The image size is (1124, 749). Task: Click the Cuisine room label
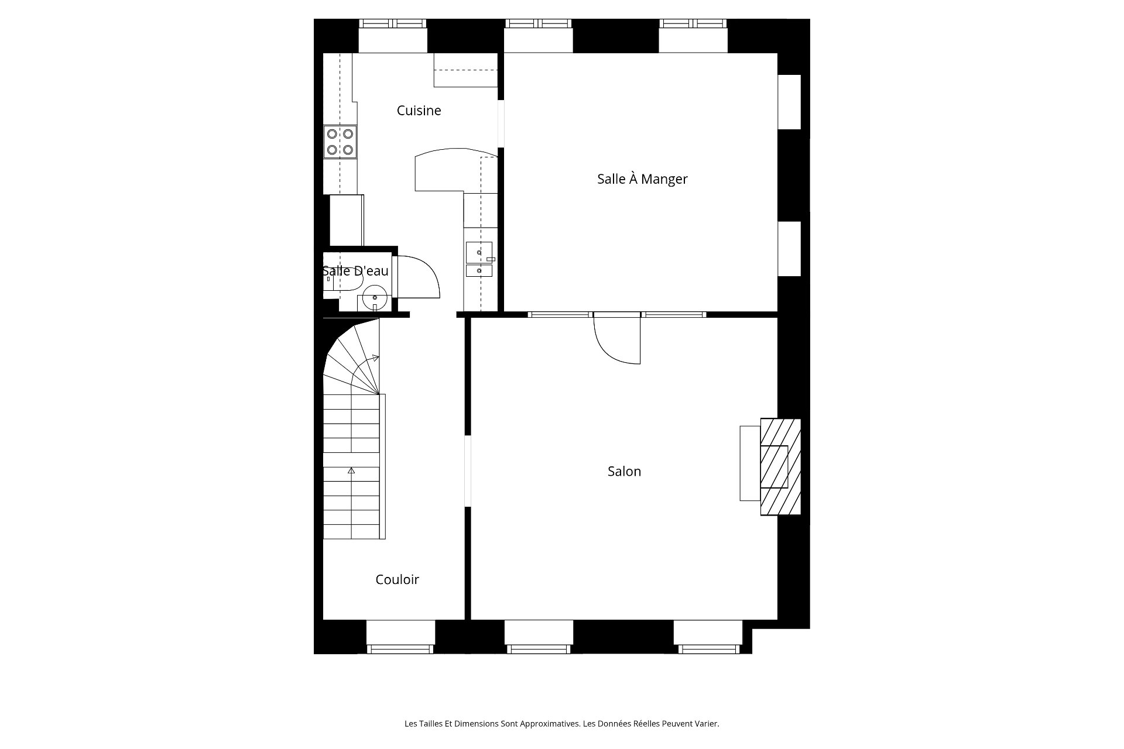click(x=419, y=111)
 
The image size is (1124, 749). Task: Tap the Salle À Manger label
click(x=642, y=179)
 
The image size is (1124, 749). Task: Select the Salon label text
click(x=624, y=471)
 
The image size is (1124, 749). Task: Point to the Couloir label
click(x=397, y=579)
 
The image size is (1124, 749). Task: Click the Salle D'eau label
click(x=355, y=271)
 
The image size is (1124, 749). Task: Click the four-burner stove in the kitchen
click(x=340, y=142)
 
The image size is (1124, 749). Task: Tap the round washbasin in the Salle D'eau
click(x=375, y=298)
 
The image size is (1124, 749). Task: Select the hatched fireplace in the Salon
click(x=780, y=466)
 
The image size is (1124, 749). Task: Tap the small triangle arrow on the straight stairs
click(x=351, y=470)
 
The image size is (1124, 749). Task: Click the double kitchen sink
click(x=480, y=259)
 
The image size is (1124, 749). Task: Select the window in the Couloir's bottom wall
click(x=400, y=637)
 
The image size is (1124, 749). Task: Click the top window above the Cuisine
click(x=393, y=36)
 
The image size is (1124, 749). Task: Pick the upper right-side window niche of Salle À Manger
click(x=789, y=102)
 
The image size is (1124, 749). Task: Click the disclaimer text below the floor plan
click(x=561, y=724)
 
